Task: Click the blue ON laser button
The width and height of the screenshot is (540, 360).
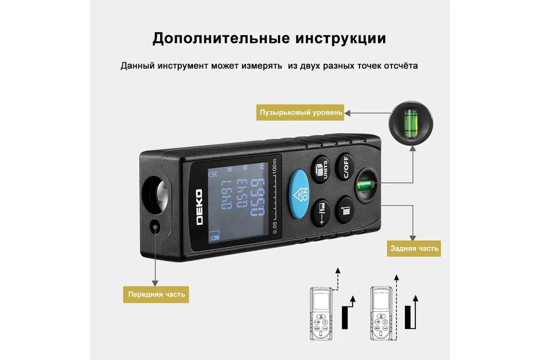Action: click(x=299, y=194)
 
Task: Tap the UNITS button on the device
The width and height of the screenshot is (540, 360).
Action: click(x=320, y=169)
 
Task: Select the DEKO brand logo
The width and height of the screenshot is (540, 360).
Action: click(x=199, y=207)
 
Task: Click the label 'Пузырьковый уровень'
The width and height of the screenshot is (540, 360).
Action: click(x=300, y=112)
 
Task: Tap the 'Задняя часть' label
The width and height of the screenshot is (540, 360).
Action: click(x=414, y=248)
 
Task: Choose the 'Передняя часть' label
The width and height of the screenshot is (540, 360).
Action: click(x=156, y=294)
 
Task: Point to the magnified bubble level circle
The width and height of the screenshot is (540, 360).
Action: click(x=411, y=123)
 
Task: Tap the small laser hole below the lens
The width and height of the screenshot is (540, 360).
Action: click(x=155, y=227)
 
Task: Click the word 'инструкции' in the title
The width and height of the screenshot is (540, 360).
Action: click(x=341, y=38)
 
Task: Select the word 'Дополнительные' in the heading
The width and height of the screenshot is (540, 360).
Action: click(x=221, y=38)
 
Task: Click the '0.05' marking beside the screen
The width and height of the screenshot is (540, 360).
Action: click(x=275, y=228)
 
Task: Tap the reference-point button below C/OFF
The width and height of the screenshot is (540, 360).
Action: click(x=345, y=210)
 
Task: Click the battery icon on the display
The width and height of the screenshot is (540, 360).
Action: click(x=213, y=174)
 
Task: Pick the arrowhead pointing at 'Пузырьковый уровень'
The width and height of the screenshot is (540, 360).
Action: click(x=347, y=113)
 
